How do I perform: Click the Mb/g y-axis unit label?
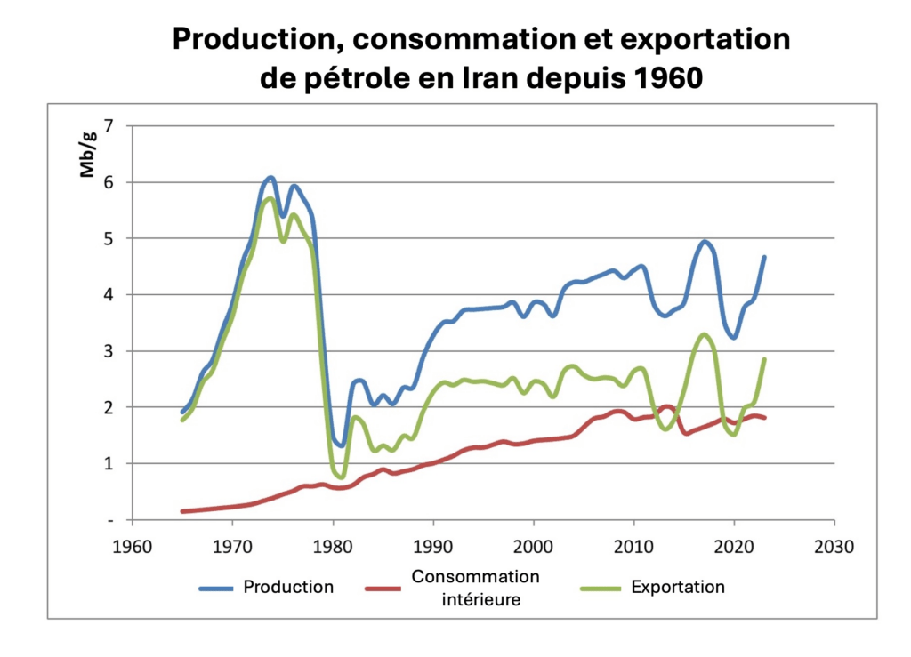pyautogui.click(x=89, y=158)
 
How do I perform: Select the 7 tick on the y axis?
pyautogui.click(x=109, y=126)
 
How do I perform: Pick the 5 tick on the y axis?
pyautogui.click(x=109, y=238)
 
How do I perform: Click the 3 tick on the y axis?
pyautogui.click(x=109, y=351)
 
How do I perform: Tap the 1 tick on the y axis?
pyautogui.click(x=109, y=463)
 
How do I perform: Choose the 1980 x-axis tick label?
pyautogui.click(x=333, y=546)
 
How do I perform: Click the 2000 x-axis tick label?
pyautogui.click(x=533, y=546)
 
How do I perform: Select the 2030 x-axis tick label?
pyautogui.click(x=834, y=546)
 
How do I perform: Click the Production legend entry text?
pyautogui.click(x=288, y=587)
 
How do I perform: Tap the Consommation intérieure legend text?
pyautogui.click(x=475, y=588)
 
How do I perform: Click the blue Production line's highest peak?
pyautogui.click(x=271, y=178)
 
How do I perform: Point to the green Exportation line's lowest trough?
pyautogui.click(x=340, y=477)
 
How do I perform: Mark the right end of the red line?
pyautogui.click(x=765, y=418)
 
